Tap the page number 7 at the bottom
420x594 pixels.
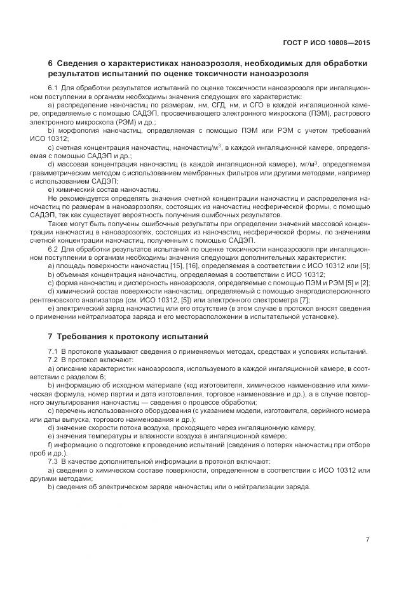(x=367, y=539)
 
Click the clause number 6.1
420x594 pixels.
(x=53, y=86)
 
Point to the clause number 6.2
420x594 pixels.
(x=53, y=250)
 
